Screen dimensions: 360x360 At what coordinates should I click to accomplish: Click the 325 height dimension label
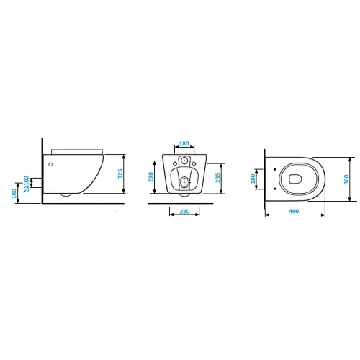120,174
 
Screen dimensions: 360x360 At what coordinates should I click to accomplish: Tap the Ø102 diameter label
27,184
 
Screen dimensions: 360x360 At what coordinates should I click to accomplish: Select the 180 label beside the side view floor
14,194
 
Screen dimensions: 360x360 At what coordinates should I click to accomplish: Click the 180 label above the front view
184,143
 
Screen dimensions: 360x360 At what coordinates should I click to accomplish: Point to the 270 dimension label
150,177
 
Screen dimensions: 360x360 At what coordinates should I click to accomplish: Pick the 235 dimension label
217,178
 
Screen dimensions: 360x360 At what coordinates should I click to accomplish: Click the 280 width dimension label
184,212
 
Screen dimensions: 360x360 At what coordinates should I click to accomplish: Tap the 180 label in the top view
253,179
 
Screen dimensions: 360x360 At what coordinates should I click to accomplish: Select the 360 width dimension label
346,179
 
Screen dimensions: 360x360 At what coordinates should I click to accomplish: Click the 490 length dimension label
294,211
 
